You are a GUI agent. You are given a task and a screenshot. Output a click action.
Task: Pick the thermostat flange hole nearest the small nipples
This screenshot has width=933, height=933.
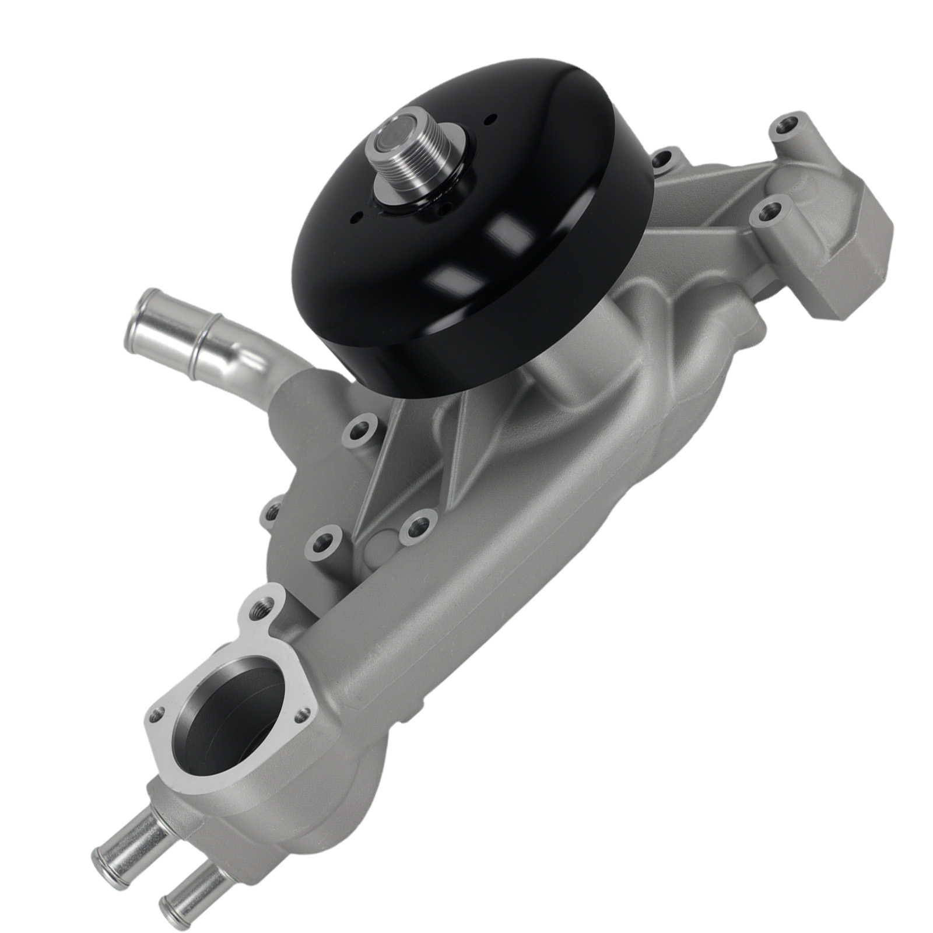[156, 712]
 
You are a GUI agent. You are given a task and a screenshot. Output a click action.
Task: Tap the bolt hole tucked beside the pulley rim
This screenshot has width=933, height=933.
[661, 157]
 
